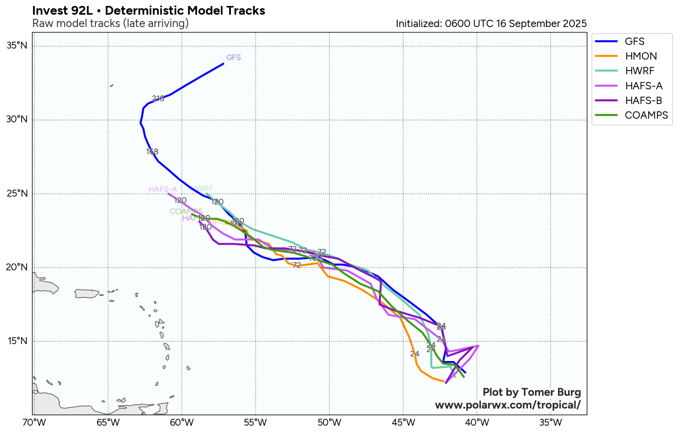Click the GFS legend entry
coord(634,41)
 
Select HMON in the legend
coord(640,56)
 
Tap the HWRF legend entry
coord(640,71)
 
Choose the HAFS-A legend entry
coord(643,86)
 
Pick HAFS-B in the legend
coord(643,100)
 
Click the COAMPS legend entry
coord(646,115)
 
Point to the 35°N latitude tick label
coord(17,45)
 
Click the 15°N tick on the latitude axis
coord(17,341)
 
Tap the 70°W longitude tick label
coord(33,422)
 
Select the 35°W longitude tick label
coord(551,422)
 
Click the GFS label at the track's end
coord(234,58)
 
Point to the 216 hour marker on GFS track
coord(158,99)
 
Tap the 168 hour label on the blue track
coord(152,152)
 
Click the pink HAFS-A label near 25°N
coord(162,190)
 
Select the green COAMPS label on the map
coord(186,211)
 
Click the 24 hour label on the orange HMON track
coord(415,354)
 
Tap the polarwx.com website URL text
coord(508,405)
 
